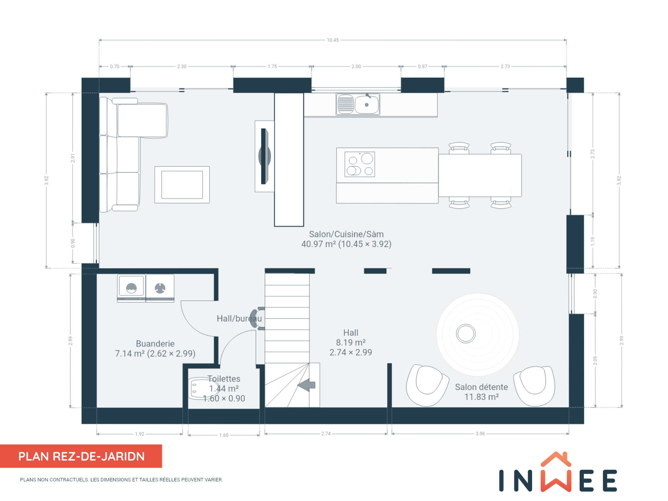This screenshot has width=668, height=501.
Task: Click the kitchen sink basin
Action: tap(367, 105)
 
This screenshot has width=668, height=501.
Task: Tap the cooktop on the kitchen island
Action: tap(360, 164)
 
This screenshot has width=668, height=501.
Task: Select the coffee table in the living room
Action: tap(182, 185)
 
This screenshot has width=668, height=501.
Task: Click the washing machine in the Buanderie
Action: tap(131, 288)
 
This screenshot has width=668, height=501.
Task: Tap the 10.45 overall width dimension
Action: tap(333, 40)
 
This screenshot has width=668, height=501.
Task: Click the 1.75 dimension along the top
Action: tap(272, 67)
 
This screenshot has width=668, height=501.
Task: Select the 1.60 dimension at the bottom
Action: tap(224, 435)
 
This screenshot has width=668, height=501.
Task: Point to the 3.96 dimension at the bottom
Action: tap(480, 434)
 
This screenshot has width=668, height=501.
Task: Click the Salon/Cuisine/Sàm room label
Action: tap(346, 234)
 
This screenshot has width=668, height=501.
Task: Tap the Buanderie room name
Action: tap(155, 343)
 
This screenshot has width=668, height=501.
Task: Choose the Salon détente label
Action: tap(481, 387)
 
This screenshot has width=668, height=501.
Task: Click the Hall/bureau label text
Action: tap(239, 318)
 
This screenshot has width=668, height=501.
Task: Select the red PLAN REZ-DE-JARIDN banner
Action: tap(81, 456)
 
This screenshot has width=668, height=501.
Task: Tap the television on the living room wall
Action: tap(264, 156)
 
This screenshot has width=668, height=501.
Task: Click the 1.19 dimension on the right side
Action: tap(593, 241)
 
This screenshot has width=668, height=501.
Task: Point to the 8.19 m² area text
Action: tap(351, 342)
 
